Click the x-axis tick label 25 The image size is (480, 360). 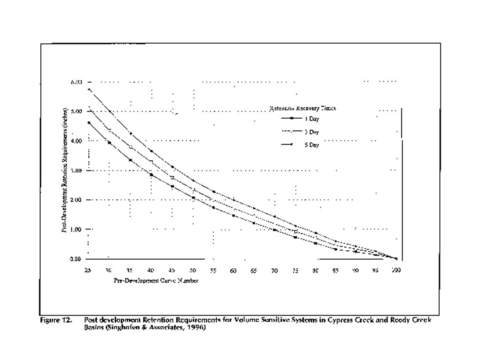88,270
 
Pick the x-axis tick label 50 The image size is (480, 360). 193,270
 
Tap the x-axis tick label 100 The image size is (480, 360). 396,270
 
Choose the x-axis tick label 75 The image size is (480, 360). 295,270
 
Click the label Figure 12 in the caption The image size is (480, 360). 58,320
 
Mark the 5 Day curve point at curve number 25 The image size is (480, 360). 88,89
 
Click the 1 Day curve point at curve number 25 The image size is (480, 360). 88,122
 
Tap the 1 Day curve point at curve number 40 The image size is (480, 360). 151,175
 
